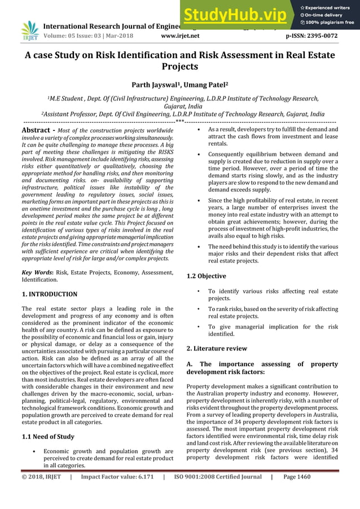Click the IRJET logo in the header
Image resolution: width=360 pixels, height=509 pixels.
[x=29, y=32]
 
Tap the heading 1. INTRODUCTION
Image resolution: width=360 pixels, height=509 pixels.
[x=49, y=294]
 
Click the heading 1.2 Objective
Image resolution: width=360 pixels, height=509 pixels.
[x=206, y=276]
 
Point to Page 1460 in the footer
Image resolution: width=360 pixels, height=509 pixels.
[x=296, y=477]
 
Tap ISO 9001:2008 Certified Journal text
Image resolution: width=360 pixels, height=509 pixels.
[x=218, y=477]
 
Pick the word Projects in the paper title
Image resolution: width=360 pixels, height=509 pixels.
[x=179, y=66]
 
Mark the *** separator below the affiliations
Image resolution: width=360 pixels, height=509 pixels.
[x=179, y=121]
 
